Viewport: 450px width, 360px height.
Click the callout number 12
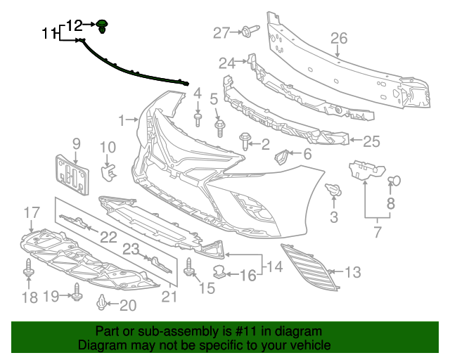[x=75, y=25]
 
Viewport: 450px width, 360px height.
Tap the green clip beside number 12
[x=103, y=27]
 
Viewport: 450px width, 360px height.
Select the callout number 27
[x=221, y=32]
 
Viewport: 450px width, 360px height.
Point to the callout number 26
[x=340, y=39]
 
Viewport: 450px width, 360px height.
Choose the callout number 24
[x=226, y=63]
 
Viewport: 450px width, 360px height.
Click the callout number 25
[x=371, y=141]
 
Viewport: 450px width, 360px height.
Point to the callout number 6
[x=307, y=154]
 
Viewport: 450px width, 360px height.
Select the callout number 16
[x=248, y=275]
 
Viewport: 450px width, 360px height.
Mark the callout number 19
[x=51, y=297]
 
